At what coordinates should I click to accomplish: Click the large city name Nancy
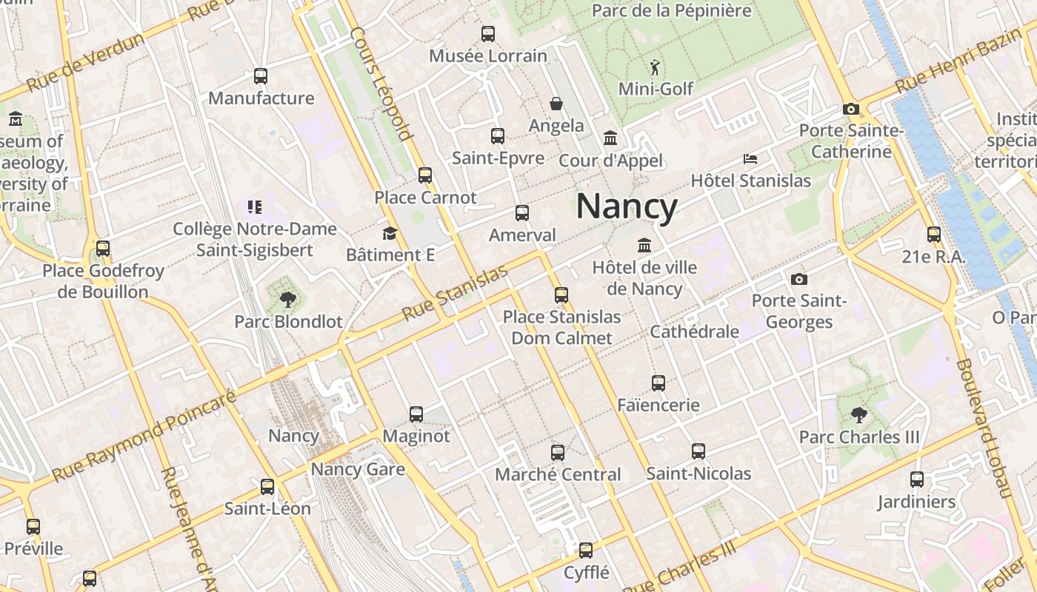click(627, 206)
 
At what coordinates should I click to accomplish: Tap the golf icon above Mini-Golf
click(655, 68)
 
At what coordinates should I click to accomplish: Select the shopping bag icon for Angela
click(556, 104)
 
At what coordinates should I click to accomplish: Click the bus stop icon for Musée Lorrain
click(488, 33)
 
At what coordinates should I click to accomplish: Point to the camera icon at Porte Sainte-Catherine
click(851, 109)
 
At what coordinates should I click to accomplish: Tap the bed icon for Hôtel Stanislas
click(750, 159)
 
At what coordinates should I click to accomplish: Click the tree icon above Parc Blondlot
click(288, 300)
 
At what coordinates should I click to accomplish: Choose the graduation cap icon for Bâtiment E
click(390, 234)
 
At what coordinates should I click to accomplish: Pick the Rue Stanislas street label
click(455, 293)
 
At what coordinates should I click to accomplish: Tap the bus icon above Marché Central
click(558, 452)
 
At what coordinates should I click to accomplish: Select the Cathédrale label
click(694, 332)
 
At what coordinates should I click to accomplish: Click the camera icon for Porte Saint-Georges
click(798, 279)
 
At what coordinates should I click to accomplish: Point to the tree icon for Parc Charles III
click(859, 415)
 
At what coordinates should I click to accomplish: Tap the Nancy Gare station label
click(358, 469)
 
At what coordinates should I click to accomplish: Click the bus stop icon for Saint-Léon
click(267, 487)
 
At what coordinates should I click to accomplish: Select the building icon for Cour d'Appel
click(611, 138)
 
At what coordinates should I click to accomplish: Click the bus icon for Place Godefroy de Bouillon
click(103, 249)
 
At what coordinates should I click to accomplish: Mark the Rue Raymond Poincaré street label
click(144, 437)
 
